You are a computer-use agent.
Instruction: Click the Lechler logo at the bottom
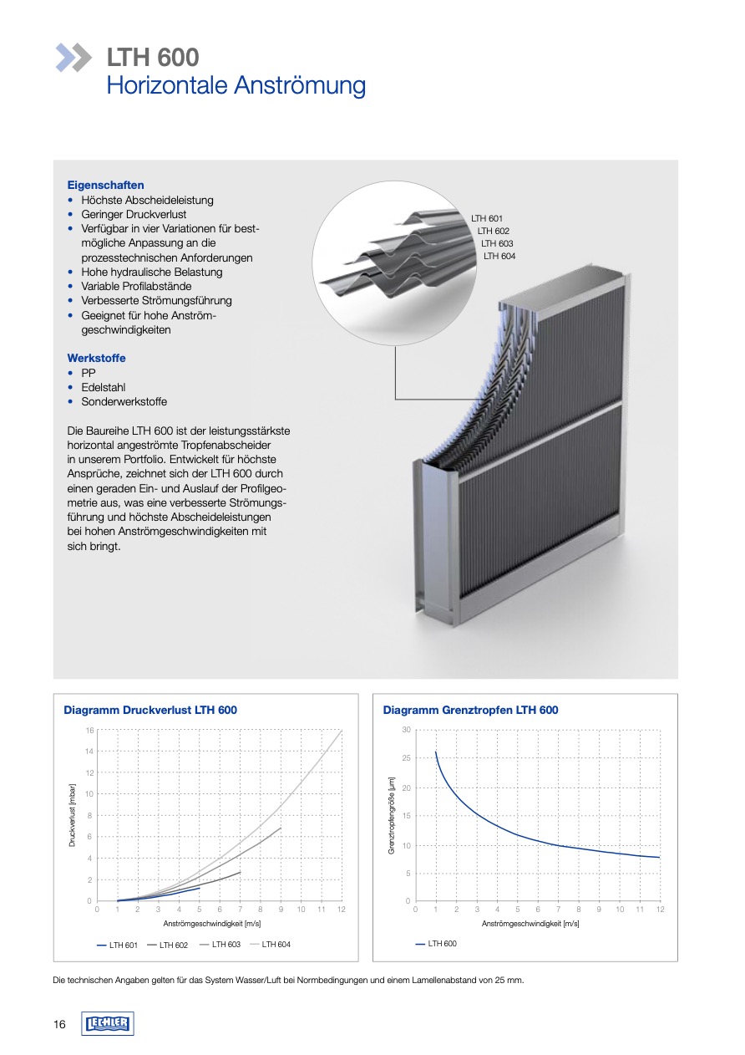(108, 1024)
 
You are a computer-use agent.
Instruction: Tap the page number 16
(59, 1025)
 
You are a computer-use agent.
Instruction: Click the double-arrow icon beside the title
(73, 57)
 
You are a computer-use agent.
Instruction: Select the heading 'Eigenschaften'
(105, 185)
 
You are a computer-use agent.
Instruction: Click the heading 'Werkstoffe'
(96, 358)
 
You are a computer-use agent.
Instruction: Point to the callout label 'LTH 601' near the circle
(487, 218)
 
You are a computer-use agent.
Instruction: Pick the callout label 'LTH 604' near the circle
(499, 256)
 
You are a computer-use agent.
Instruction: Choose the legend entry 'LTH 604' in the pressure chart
(276, 944)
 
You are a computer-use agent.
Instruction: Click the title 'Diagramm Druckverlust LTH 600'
(150, 710)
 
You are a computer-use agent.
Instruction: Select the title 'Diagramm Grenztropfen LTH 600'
(470, 710)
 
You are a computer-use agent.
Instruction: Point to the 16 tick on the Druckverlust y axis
(89, 730)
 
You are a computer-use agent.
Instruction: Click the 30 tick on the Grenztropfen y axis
(406, 730)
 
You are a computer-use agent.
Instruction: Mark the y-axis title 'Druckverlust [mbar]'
(73, 815)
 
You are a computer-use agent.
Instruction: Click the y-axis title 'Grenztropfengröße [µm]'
(391, 815)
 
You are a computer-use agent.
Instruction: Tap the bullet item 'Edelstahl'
(104, 387)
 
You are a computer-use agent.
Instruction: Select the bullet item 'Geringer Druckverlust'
(134, 214)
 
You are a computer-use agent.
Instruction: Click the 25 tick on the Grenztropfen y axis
(406, 758)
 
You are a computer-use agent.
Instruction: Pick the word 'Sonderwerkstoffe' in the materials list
(124, 401)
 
